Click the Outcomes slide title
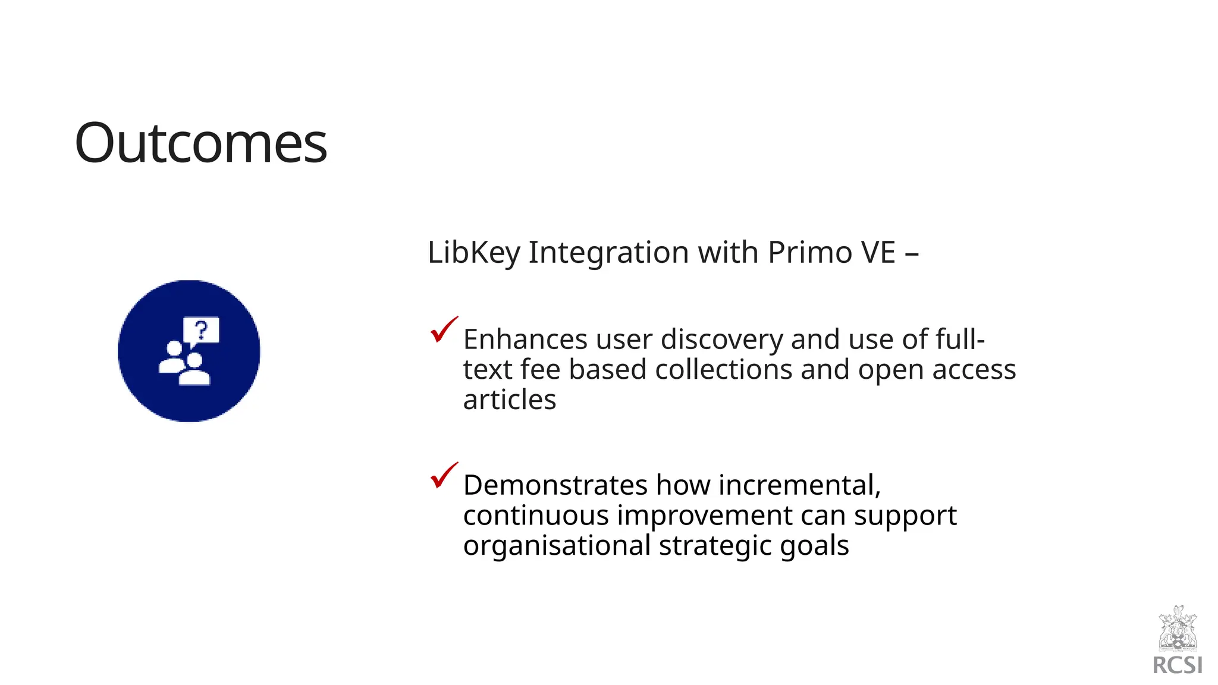200,143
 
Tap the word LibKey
473,253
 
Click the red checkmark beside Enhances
443,330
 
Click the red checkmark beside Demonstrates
443,476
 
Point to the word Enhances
525,340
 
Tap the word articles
510,400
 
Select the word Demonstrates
555,485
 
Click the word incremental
799,485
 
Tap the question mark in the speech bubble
202,329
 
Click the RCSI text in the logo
1178,665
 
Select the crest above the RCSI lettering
1178,629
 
